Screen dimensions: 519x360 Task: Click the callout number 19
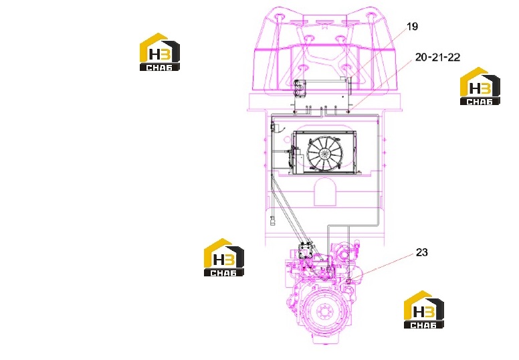point(412,27)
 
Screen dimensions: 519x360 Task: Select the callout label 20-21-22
point(437,58)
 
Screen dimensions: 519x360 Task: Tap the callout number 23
point(421,252)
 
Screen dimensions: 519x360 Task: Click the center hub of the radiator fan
point(324,153)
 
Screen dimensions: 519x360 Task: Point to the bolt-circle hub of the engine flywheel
point(323,312)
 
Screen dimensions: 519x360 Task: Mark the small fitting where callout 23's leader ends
point(348,281)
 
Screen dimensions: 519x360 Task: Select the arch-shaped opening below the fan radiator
point(324,192)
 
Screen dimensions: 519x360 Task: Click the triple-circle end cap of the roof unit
point(300,88)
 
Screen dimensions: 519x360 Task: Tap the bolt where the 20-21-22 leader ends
point(348,112)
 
